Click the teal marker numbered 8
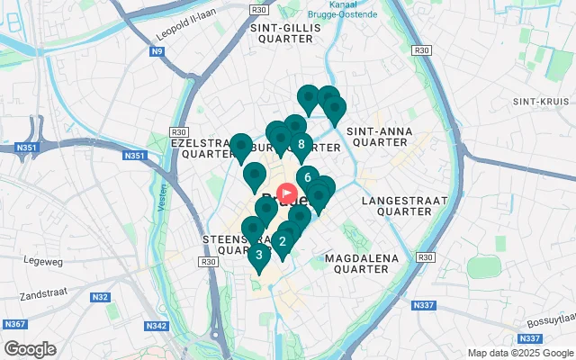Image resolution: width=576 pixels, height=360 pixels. click(301, 144)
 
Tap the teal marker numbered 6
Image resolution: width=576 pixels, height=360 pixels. click(307, 177)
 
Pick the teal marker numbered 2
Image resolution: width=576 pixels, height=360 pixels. click(283, 241)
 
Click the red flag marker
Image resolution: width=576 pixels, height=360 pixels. click(289, 193)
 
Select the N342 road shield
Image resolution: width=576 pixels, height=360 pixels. click(157, 326)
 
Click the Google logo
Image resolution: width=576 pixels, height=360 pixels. click(30, 348)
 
